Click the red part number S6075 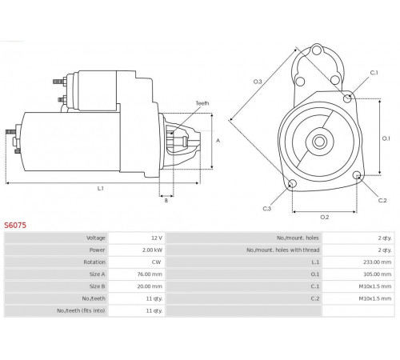pyautogui.click(x=15, y=226)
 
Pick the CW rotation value pyautogui.click(x=156, y=262)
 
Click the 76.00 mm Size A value pyautogui.click(x=150, y=274)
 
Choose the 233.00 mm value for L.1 pyautogui.click(x=377, y=262)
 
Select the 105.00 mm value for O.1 pyautogui.click(x=378, y=274)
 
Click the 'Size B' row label pyautogui.click(x=97, y=286)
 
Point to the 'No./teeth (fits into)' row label pyautogui.click(x=81, y=310)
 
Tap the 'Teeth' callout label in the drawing pyautogui.click(x=202, y=103)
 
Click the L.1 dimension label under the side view pyautogui.click(x=100, y=189)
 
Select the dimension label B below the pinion pyautogui.click(x=166, y=201)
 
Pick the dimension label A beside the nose pyautogui.click(x=218, y=141)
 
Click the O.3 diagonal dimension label pyautogui.click(x=258, y=82)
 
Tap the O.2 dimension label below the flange pyautogui.click(x=325, y=218)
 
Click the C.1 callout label pyautogui.click(x=374, y=73)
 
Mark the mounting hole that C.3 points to pyautogui.click(x=292, y=184)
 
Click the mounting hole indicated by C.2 pyautogui.click(x=357, y=175)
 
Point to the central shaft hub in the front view pyautogui.click(x=319, y=142)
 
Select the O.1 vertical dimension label pyautogui.click(x=386, y=138)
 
